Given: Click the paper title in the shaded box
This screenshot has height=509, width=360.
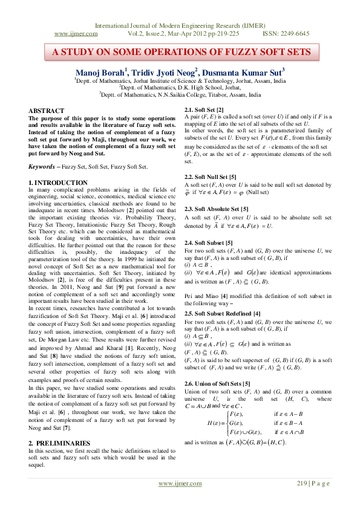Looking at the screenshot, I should click(x=180, y=52).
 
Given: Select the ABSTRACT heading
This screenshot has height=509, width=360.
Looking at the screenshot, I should click(x=47, y=111).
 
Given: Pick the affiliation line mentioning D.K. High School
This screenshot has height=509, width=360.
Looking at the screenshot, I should click(x=180, y=87).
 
